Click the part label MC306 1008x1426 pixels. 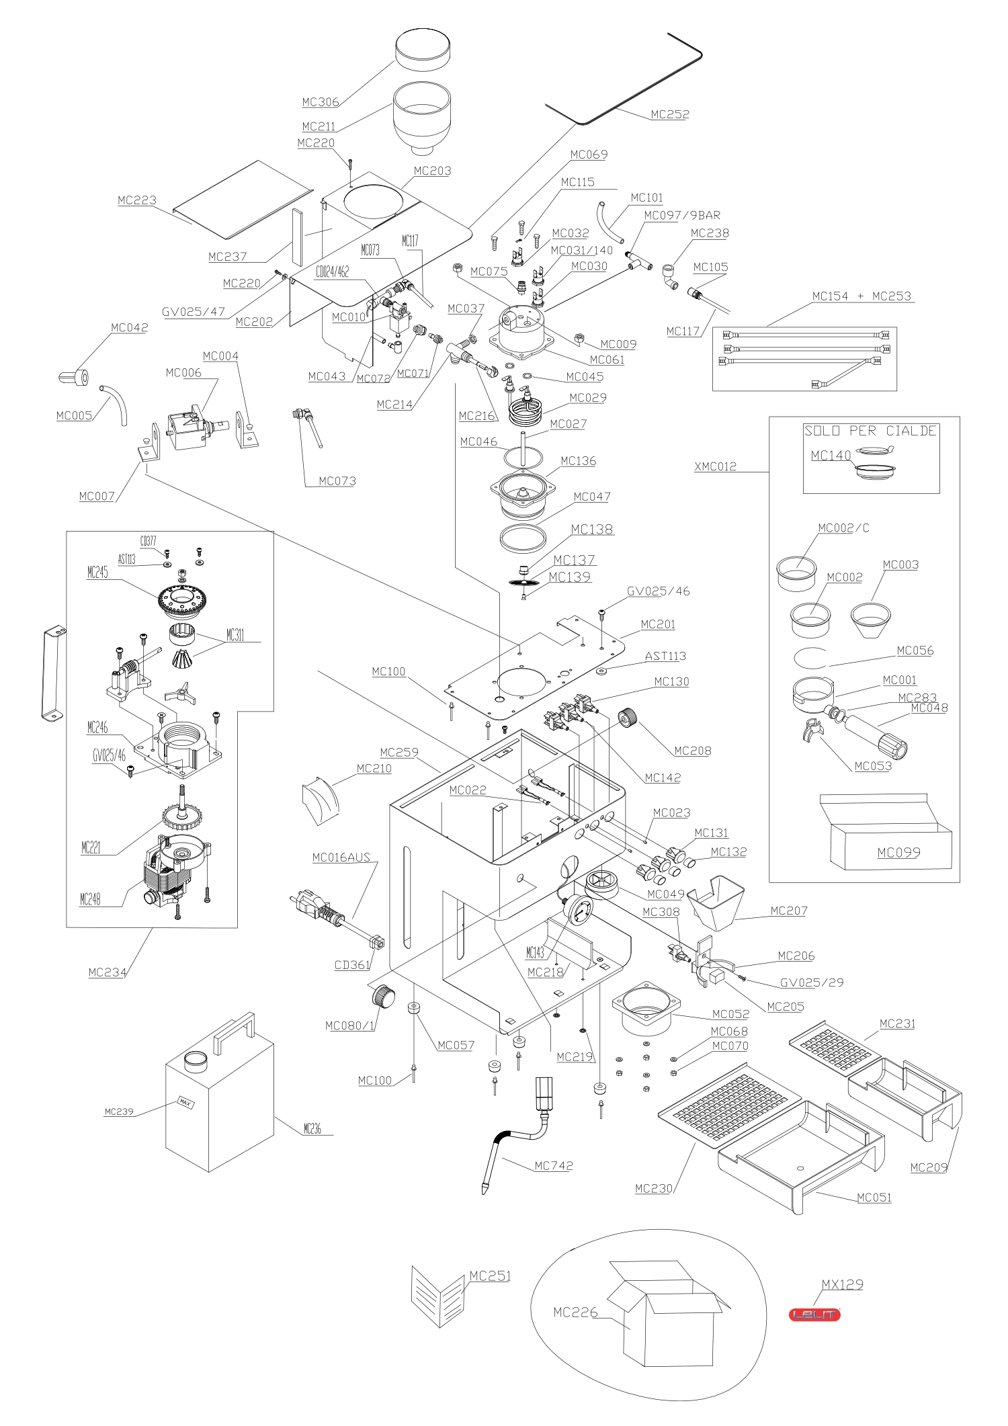pos(321,102)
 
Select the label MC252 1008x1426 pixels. pos(670,114)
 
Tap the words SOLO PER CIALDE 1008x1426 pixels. pos(870,431)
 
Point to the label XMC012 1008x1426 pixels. pos(715,466)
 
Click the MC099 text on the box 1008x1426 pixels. pos(898,853)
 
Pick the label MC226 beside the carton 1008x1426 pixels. pos(575,1312)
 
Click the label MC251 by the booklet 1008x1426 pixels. pos(490,1275)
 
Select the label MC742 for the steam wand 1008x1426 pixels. pos(554,1166)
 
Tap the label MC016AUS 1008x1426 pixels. pos(341,857)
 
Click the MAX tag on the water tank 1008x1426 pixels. pos(185,1103)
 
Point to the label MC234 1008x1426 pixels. pos(108,972)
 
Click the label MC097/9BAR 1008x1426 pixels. pos(682,216)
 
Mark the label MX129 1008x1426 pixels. pos(842,1284)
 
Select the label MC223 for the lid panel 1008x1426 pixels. pos(137,200)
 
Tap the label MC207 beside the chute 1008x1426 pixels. pos(789,911)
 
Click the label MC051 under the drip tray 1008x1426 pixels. pos(874,1198)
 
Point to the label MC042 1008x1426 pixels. pos(130,328)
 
